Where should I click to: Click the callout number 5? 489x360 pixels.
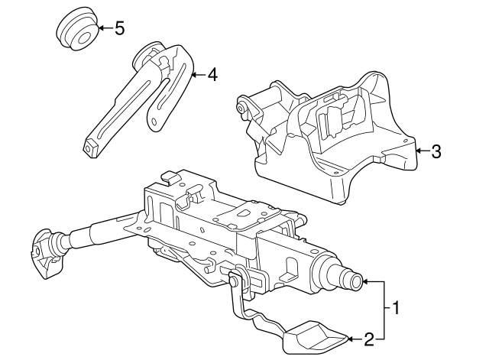(x=119, y=29)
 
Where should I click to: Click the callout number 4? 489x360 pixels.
(x=212, y=75)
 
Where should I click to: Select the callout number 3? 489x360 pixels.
(x=436, y=151)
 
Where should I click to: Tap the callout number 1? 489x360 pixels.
(x=395, y=309)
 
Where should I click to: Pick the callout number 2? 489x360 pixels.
(x=368, y=338)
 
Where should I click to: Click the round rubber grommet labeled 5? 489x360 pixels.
(x=78, y=32)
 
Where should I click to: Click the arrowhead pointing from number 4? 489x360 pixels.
(x=194, y=75)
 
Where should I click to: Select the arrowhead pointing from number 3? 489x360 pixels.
(x=419, y=151)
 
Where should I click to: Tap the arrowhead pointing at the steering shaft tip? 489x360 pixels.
(x=366, y=282)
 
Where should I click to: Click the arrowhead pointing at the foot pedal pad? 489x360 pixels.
(x=351, y=338)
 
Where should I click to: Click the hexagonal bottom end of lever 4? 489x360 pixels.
(x=90, y=148)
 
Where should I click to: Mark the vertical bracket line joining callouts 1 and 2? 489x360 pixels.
(x=383, y=310)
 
